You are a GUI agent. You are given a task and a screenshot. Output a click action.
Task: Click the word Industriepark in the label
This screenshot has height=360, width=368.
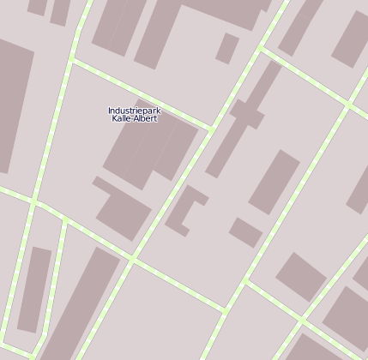(134, 111)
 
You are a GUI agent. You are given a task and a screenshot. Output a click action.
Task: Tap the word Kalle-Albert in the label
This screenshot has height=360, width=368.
(134, 118)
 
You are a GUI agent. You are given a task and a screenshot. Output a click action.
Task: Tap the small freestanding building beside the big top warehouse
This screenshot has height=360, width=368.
(227, 48)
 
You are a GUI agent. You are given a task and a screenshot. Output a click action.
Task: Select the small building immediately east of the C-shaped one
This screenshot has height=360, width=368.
(245, 231)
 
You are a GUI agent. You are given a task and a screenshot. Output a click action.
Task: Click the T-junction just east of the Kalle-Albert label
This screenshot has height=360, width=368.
(210, 129)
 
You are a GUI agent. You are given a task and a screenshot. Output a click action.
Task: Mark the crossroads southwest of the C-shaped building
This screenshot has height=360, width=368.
(131, 261)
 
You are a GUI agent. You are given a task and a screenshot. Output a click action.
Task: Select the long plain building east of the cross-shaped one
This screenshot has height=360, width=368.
(274, 181)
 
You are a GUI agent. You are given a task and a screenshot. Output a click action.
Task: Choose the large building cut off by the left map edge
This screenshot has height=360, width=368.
(12, 111)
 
